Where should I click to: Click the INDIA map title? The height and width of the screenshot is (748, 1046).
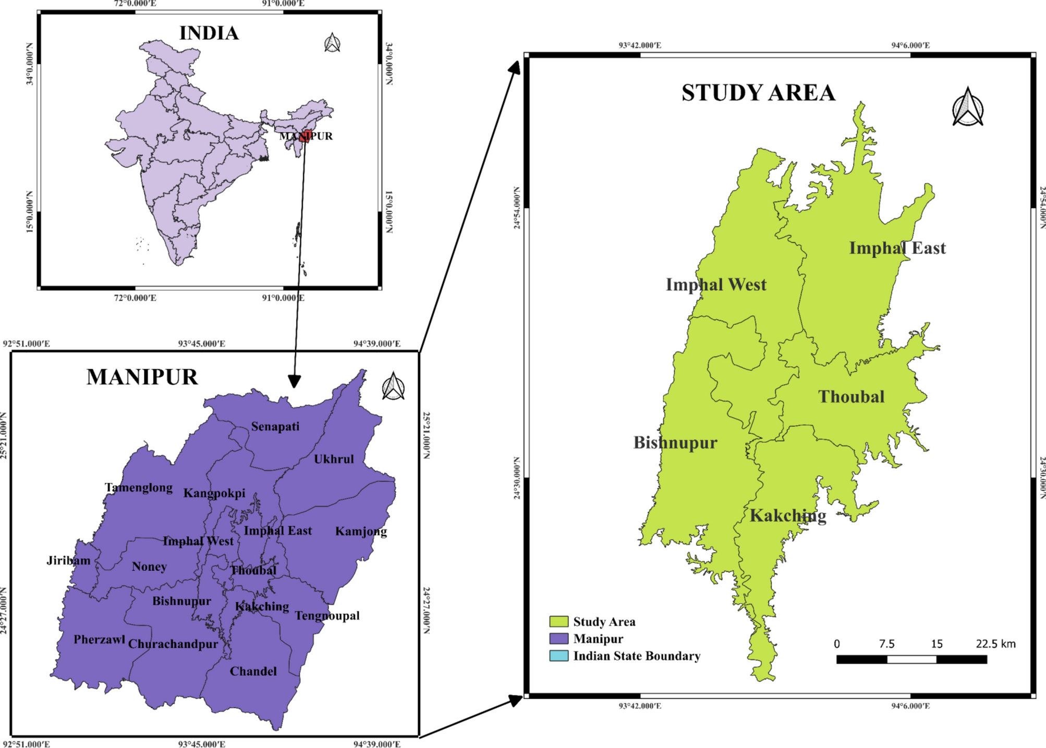click(x=209, y=33)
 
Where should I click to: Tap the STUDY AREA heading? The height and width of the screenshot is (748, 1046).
click(x=758, y=93)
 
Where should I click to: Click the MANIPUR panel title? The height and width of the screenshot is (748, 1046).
click(x=142, y=377)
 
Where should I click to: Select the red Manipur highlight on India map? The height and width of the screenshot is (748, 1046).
click(x=305, y=137)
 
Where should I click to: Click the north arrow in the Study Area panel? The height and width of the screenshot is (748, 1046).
click(x=968, y=108)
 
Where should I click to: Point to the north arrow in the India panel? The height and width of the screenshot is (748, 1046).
click(x=332, y=43)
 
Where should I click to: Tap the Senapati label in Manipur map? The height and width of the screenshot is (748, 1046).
click(x=275, y=426)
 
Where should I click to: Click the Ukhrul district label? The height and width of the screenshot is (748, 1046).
click(x=334, y=459)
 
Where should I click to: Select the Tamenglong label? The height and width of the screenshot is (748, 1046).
click(x=139, y=487)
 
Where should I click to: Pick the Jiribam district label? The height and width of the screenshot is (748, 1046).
click(x=68, y=560)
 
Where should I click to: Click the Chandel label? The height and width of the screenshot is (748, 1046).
click(x=253, y=671)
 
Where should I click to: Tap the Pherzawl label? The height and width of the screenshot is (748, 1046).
click(x=99, y=640)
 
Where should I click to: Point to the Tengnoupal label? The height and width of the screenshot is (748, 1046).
click(x=327, y=616)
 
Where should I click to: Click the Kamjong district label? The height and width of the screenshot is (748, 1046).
click(x=361, y=531)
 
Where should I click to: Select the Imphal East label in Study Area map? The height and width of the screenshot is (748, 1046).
click(x=897, y=248)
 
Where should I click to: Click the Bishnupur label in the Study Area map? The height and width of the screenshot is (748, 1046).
click(x=675, y=443)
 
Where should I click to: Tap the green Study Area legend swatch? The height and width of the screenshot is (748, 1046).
click(x=558, y=621)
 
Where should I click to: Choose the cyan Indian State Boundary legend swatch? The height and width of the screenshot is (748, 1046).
click(x=558, y=656)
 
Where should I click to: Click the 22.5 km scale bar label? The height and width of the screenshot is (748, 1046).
click(x=995, y=644)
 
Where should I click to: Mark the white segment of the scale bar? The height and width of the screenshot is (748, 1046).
click(x=911, y=659)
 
